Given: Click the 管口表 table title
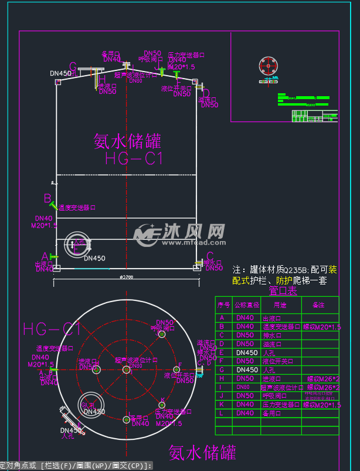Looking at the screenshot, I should coord(283,290).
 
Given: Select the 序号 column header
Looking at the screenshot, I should coord(223,305).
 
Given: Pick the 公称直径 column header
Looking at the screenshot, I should coord(245,305).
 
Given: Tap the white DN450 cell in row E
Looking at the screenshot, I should coord(246,353).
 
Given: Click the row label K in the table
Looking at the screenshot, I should coord(222,405).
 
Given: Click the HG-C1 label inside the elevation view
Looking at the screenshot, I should coord(134,158).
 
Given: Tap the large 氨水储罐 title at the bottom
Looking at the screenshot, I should coord(202,452).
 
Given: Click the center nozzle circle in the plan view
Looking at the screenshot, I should coord(126,370).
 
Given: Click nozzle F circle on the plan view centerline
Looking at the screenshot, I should coord(174,370).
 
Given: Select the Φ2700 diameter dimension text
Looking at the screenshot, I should coord(126,276).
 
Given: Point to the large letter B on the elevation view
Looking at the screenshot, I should coord(47,199).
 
